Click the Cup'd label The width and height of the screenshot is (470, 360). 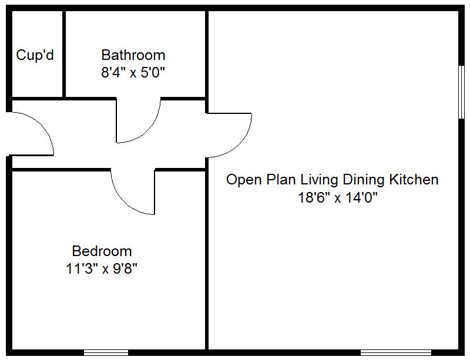tap(35, 55)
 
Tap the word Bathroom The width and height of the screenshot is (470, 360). tap(133, 55)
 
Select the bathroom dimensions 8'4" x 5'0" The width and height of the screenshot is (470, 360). tap(133, 73)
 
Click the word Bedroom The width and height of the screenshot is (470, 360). tap(102, 251)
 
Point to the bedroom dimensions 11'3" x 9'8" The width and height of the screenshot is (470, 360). tap(102, 269)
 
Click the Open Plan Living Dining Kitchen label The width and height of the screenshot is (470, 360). tap(332, 179)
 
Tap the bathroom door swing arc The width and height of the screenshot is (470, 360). tap(150, 129)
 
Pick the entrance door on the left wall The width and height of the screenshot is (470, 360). tap(35, 132)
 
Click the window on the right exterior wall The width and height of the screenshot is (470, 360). tap(461, 91)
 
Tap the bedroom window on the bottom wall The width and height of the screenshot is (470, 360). tap(106, 352)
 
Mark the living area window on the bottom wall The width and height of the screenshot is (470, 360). tap(395, 352)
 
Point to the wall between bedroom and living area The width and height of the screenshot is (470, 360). tap(207, 258)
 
